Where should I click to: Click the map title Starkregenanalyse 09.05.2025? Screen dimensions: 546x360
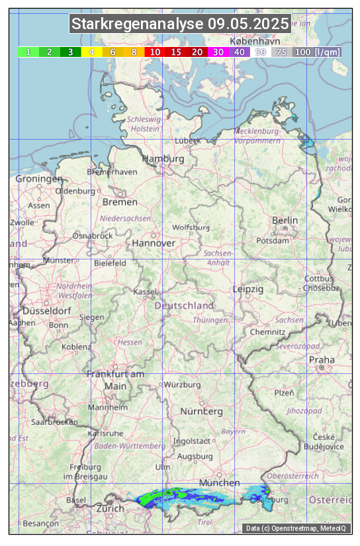180,24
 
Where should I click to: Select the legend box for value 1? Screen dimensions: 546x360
28,52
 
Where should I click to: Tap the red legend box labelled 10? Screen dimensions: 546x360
155,52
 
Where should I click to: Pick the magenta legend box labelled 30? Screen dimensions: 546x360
218,52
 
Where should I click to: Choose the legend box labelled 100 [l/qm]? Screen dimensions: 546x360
317,52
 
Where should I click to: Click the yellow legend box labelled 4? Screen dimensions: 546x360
92,52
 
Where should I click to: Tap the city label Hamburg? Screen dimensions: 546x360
163,159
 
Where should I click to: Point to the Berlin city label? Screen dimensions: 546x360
285,220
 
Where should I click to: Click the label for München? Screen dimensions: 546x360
219,482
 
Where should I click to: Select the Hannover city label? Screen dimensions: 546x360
154,244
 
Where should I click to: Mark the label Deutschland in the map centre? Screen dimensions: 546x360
184,306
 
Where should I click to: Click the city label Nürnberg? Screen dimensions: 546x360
202,411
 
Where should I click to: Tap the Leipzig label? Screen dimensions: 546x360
248,290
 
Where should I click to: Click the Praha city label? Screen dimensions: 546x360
322,360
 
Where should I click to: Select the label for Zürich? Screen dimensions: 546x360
110,508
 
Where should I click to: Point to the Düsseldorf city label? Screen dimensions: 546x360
46,311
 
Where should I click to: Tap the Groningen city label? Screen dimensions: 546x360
39,179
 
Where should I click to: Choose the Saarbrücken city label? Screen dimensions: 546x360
55,421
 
